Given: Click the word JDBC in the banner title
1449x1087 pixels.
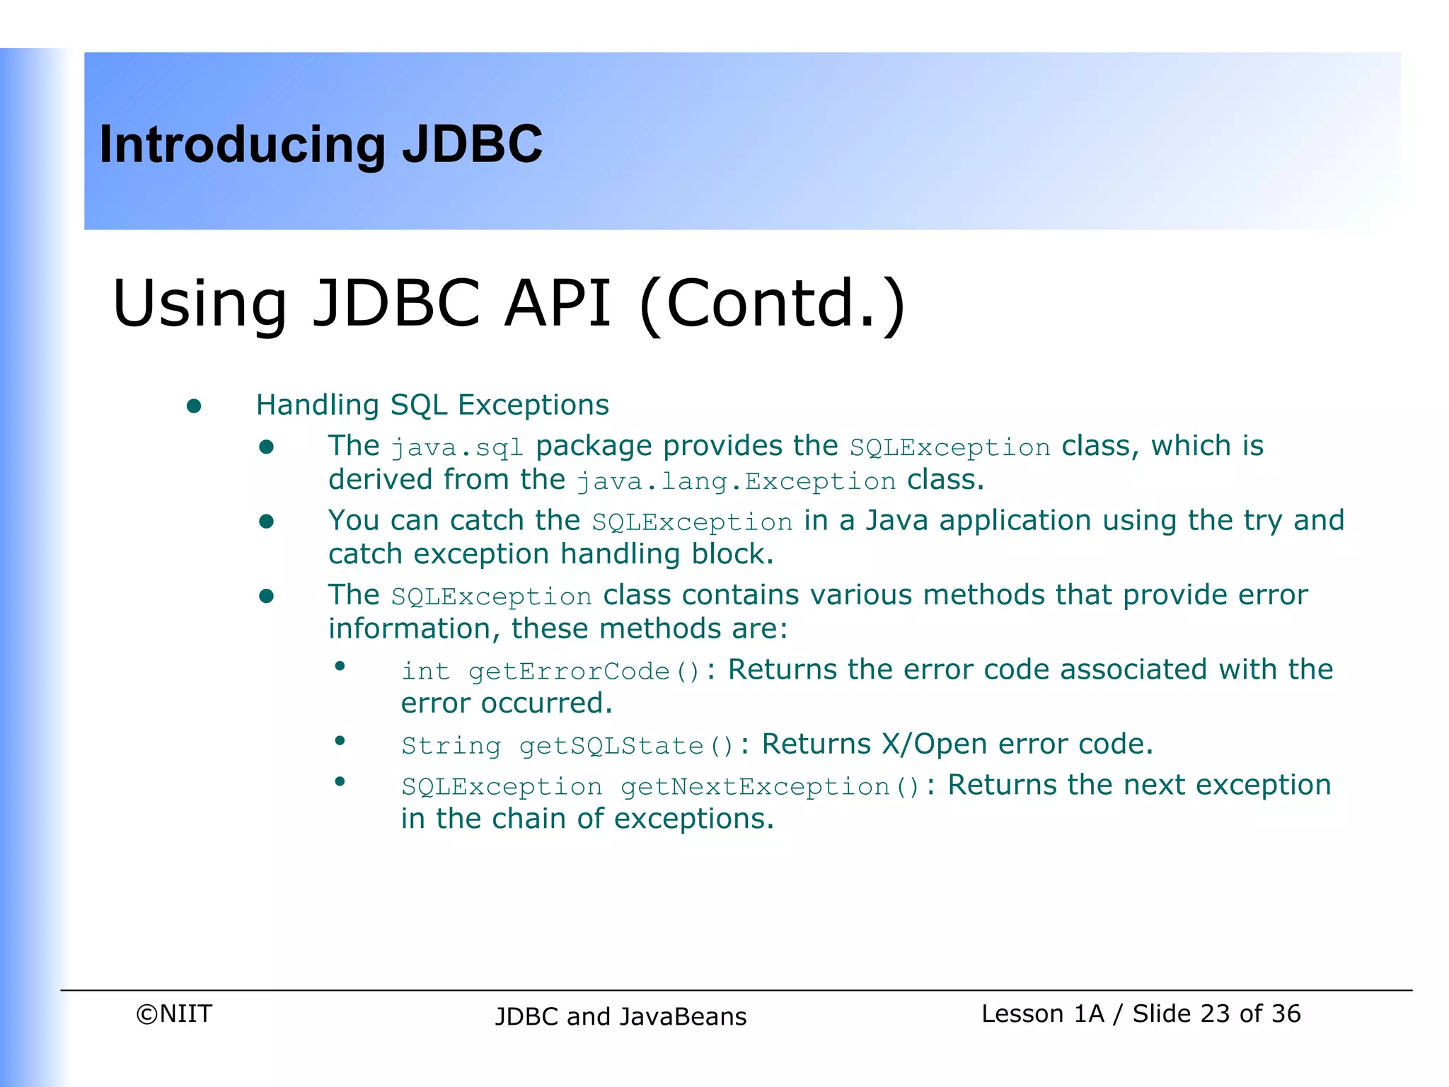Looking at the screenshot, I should [472, 144].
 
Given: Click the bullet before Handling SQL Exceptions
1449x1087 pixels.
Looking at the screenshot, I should [194, 406].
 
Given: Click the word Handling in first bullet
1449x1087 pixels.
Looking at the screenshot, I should [317, 405].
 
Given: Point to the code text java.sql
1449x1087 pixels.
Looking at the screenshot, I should [457, 448].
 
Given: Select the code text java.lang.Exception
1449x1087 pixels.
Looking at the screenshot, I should [736, 482].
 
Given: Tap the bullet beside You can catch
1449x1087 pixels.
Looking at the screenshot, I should [266, 522].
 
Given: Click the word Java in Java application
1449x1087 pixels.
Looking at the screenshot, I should [896, 521].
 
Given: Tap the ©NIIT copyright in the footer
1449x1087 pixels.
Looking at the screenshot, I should [174, 1014].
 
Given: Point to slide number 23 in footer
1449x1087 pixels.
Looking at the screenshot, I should [1216, 1014].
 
